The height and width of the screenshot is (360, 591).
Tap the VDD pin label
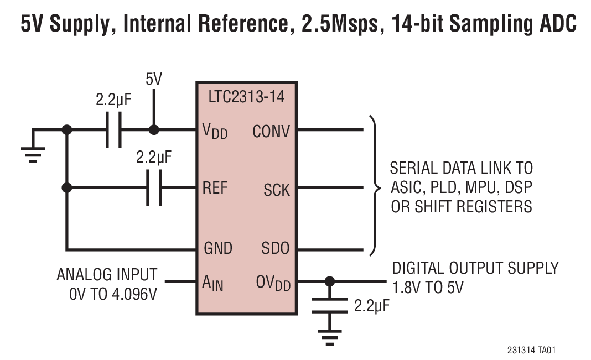(215, 132)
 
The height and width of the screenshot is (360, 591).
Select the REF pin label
(215, 188)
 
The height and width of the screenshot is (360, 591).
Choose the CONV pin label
(271, 132)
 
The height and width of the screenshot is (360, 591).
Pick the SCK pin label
(277, 190)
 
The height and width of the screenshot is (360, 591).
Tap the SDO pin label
(275, 248)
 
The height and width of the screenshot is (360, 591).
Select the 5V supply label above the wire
(154, 80)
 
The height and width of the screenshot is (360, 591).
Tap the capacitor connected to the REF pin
(154, 188)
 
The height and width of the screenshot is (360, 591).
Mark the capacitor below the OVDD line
(330, 306)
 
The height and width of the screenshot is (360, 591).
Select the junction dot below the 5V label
(154, 131)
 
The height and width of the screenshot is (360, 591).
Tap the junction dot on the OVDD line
(330, 281)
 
